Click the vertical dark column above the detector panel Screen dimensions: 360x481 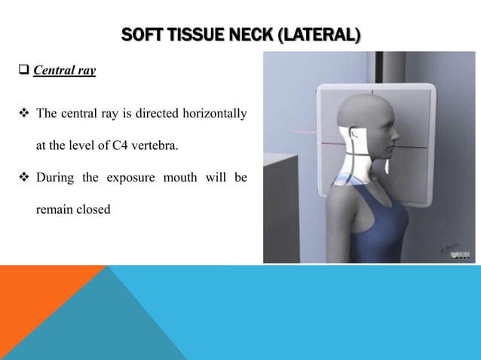click(352, 67)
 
